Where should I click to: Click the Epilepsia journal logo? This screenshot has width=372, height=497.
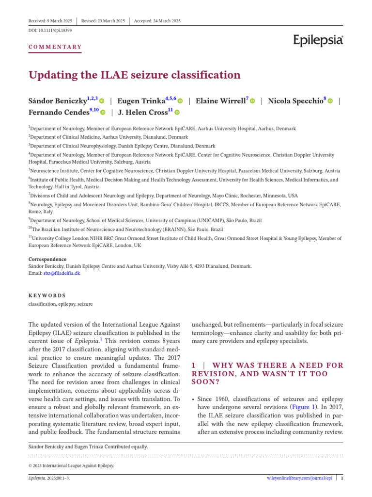(318, 41)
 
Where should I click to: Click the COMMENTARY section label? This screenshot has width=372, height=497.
(55, 47)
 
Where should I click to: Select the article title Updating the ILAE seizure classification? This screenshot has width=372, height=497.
(134, 75)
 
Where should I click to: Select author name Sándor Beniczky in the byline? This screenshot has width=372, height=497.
(58, 101)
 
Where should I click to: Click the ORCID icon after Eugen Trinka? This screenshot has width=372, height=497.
(180, 101)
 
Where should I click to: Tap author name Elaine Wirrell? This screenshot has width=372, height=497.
(220, 101)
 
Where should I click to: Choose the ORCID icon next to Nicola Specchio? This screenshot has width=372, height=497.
(330, 101)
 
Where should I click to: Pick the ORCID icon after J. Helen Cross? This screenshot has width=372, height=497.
(177, 113)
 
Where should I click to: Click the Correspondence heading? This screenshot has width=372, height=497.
(47, 259)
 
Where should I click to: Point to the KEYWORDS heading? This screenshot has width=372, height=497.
(47, 295)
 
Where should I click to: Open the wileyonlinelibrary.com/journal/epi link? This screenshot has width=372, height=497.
(300, 478)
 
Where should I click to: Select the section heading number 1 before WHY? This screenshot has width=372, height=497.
(194, 365)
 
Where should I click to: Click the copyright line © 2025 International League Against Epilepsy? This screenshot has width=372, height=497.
(72, 465)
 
